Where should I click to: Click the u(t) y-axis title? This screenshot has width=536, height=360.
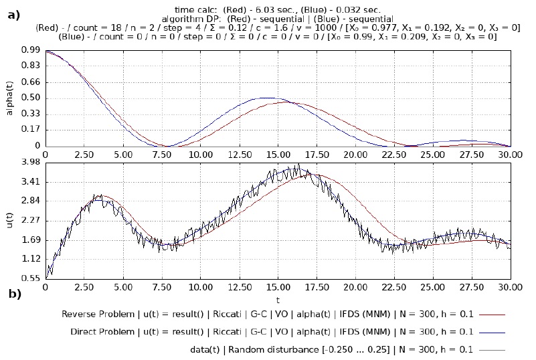[9, 220]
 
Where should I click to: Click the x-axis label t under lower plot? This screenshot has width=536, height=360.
[277, 300]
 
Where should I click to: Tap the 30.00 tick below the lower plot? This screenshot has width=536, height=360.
[510, 288]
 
